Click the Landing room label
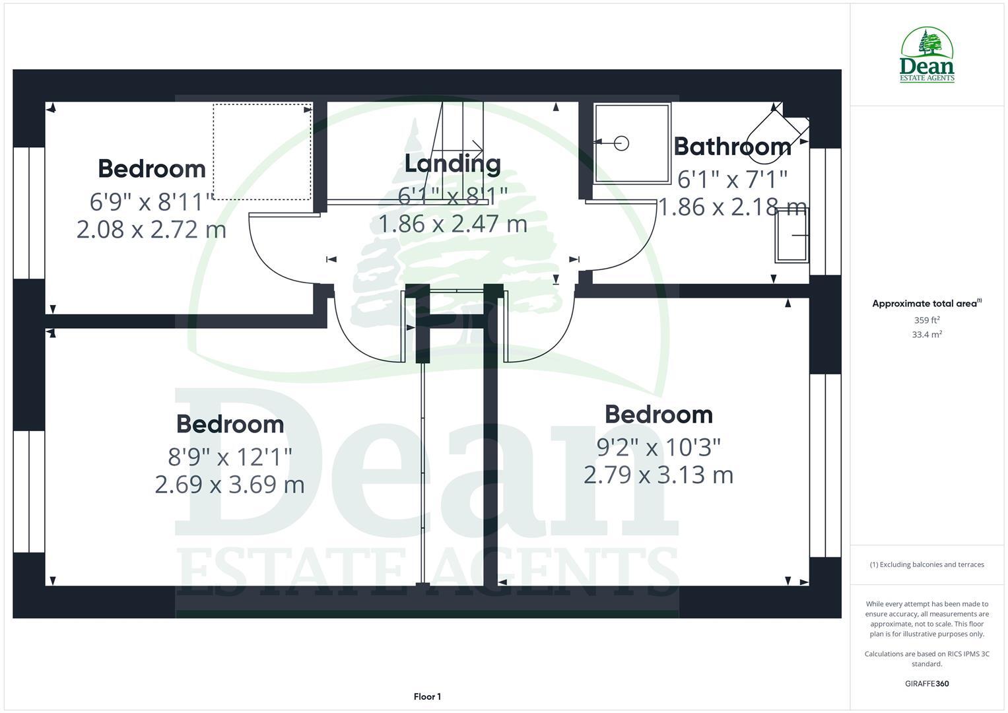452,164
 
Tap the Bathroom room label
732,147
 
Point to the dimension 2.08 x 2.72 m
151,230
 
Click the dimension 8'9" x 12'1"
230,456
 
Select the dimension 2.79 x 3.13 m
658,475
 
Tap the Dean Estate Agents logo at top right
927,55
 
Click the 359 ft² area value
926,320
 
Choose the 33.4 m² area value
926,335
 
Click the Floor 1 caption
427,696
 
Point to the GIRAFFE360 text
926,683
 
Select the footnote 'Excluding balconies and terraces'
926,564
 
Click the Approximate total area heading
926,304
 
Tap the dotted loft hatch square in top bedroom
262,151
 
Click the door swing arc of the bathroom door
634,251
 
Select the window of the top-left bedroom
29,213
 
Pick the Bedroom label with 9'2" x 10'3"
658,415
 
